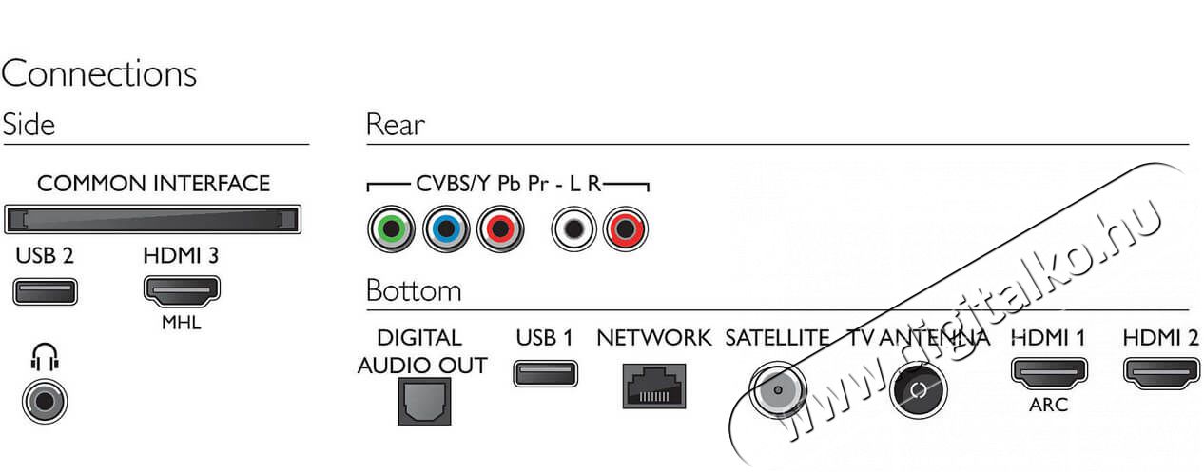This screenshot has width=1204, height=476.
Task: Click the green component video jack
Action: tap(391, 229)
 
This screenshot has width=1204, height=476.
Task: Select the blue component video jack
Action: tap(446, 229)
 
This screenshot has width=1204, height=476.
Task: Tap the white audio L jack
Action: tap(574, 229)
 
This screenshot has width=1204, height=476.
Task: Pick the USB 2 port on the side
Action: tap(45, 291)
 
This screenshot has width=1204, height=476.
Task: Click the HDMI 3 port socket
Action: tap(182, 290)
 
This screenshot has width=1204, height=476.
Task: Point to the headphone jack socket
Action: tap(45, 401)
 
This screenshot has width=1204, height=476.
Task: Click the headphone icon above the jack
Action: tap(45, 357)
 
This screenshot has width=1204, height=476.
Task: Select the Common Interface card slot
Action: tap(153, 220)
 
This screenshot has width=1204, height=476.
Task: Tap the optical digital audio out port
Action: tap(424, 401)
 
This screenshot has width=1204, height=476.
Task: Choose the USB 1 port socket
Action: tap(546, 373)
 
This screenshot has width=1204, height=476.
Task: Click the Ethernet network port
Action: tap(654, 386)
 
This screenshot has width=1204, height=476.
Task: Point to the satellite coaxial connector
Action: tap(778, 389)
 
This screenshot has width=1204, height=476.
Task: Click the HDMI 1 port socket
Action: tap(1049, 373)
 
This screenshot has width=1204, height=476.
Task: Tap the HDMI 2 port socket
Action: tap(1162, 373)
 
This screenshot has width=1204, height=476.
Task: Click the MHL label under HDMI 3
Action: tap(182, 323)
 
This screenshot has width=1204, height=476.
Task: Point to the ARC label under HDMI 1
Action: tap(1049, 405)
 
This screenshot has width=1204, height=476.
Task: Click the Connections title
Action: tap(99, 73)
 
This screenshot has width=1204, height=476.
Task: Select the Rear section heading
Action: tap(396, 125)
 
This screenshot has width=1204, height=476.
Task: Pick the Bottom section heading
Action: tap(414, 290)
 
